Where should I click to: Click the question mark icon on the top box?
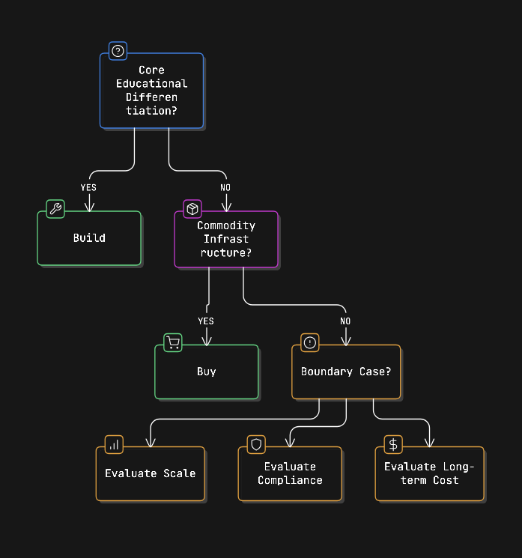coord(118,51)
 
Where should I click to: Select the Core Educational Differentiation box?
coord(151,91)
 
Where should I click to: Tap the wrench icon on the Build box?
coord(55,209)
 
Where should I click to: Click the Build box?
coord(89,238)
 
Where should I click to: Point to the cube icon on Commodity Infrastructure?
coord(192,209)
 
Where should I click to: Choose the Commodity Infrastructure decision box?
coord(226,239)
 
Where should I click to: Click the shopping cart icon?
coord(173,343)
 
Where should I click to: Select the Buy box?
coord(206,372)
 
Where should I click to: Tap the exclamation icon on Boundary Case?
coord(310,342)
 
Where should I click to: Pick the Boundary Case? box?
coord(346,372)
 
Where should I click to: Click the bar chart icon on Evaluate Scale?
coord(114,444)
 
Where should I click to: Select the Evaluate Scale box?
coord(150,473)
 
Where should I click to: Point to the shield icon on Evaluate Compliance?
coord(256,444)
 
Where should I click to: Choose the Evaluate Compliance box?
coord(290,473)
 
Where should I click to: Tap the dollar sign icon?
coord(393,444)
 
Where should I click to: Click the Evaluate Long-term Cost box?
coord(429,473)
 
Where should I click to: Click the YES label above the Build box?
coord(88,187)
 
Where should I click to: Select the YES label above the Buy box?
coord(206,321)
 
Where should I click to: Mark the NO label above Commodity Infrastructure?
coord(225,187)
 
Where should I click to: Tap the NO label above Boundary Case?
coord(345,321)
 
